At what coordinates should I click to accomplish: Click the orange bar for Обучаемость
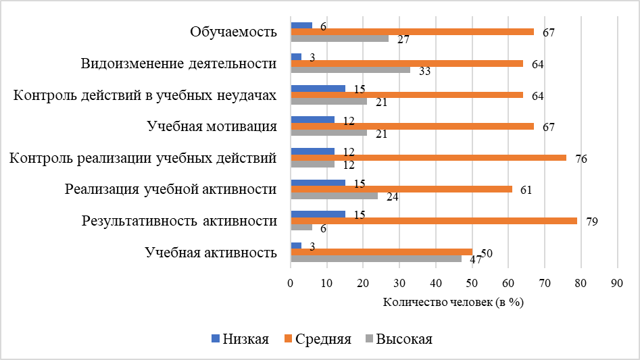pyautogui.click(x=412, y=32)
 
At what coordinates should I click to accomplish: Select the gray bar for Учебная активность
pyautogui.click(x=376, y=259)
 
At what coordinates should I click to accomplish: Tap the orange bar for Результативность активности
pyautogui.click(x=433, y=221)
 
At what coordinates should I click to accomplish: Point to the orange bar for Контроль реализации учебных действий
pyautogui.click(x=428, y=158)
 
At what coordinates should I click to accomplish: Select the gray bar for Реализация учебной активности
pyautogui.click(x=334, y=196)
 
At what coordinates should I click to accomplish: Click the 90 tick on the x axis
pyautogui.click(x=616, y=284)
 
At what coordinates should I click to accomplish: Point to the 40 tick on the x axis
pyautogui.click(x=435, y=284)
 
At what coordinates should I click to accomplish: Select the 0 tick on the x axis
pyautogui.click(x=291, y=284)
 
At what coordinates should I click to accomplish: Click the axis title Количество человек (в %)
pyautogui.click(x=453, y=302)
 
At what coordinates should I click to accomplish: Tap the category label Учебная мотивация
pyautogui.click(x=212, y=126)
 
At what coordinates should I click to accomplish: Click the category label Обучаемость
pyautogui.click(x=233, y=32)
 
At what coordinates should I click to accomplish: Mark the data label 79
pyautogui.click(x=591, y=221)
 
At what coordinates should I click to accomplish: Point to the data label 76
pyautogui.click(x=580, y=159)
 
